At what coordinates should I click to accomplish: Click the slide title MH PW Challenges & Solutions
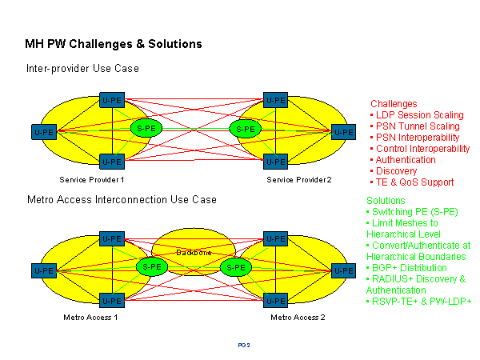click(114, 43)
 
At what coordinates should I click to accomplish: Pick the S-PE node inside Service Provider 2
click(246, 128)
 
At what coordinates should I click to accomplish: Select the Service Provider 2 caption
click(299, 179)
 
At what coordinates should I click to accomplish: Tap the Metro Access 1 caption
click(90, 318)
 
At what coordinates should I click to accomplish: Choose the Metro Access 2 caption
click(298, 318)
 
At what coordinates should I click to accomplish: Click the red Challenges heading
click(394, 104)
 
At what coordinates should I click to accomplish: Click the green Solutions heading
click(386, 200)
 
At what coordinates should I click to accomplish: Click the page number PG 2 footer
click(244, 345)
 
